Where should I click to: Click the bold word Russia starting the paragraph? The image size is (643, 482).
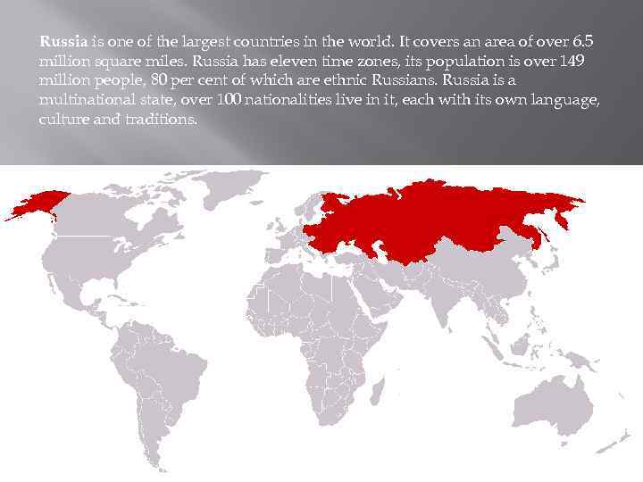(x=63, y=40)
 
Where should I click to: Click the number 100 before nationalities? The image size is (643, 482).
(x=229, y=99)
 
